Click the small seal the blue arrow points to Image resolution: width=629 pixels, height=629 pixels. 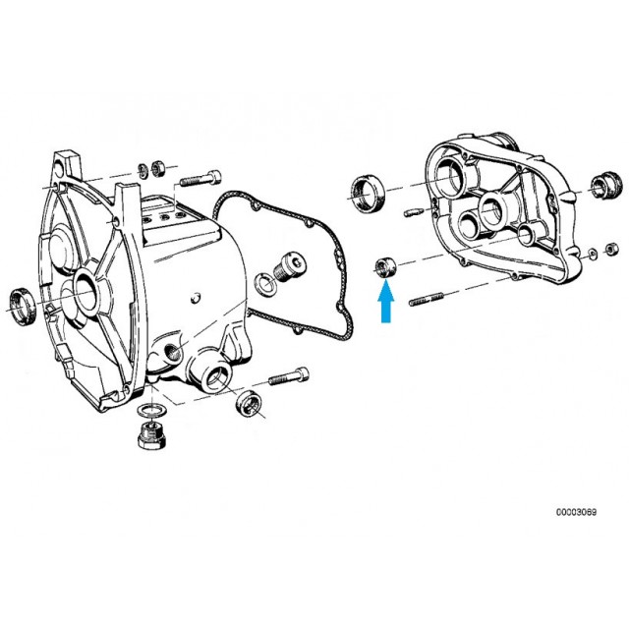coord(385,266)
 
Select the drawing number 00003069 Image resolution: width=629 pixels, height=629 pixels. coord(576,512)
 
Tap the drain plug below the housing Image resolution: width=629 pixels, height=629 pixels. coord(151,436)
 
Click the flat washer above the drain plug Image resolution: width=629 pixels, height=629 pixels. coord(152,411)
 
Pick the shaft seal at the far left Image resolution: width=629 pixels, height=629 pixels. coord(23,306)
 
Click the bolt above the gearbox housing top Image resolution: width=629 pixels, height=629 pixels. coord(200,179)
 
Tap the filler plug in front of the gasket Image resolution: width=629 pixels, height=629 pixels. coord(289,265)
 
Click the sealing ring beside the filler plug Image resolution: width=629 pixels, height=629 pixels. coord(264,283)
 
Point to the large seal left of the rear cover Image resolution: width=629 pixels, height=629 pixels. coord(368,193)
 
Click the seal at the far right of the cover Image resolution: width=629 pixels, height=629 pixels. coord(605,186)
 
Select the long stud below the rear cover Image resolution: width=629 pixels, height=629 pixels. coord(426,299)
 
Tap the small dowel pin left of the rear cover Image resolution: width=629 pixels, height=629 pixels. coord(413,212)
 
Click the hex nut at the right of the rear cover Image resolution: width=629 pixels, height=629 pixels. coord(611,249)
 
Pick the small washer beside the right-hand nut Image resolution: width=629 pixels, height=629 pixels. coord(592,254)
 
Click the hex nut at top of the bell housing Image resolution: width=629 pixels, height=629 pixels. coord(156,168)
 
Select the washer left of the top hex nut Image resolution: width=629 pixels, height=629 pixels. coord(143,170)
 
